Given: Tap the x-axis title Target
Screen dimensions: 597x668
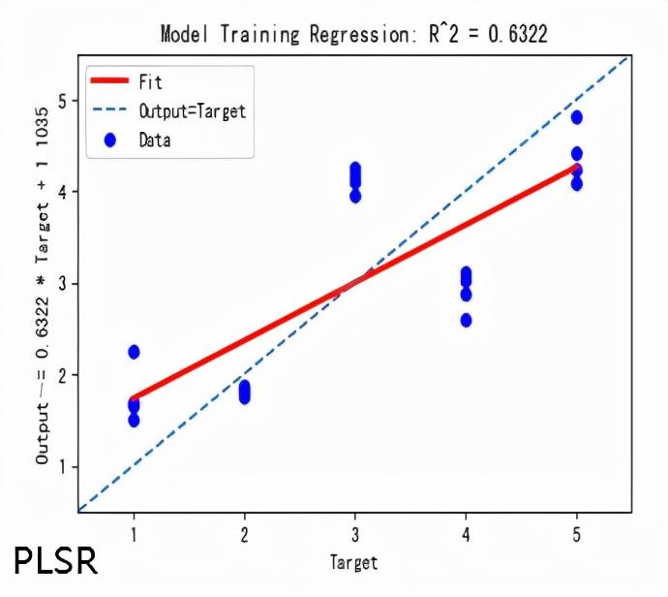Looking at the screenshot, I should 353,562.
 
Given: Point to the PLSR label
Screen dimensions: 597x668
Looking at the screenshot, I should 55,561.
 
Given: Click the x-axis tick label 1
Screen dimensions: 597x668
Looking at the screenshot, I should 134,533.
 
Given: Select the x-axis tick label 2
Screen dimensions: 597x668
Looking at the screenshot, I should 244,533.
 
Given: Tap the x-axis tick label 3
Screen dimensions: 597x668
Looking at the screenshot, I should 355,533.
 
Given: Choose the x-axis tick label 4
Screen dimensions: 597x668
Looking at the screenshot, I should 466,533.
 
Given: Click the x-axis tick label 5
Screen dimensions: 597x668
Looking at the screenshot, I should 577,533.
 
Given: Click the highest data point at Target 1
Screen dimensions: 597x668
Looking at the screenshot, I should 134,352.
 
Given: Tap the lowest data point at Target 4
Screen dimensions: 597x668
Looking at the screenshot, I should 466,320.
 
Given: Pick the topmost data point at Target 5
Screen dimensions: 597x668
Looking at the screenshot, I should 577,117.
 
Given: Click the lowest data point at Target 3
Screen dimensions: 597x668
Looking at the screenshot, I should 355,196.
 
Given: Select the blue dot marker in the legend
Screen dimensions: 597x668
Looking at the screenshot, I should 109,141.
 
